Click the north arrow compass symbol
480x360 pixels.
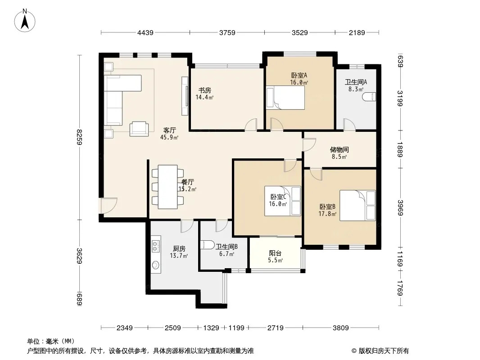point(25,21)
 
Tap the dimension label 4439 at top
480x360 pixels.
point(145,32)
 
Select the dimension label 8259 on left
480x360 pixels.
point(80,137)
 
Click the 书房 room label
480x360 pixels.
point(205,90)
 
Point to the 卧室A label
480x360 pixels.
point(299,75)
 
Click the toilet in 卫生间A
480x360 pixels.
point(369,97)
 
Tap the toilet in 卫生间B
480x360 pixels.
point(207,245)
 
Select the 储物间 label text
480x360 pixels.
point(340,149)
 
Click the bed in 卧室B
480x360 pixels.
point(358,205)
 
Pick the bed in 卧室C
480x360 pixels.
point(282,201)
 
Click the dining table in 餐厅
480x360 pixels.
point(168,187)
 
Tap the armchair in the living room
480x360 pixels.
point(139,129)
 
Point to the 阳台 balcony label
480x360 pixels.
point(275,253)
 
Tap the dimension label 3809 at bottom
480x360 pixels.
point(341,328)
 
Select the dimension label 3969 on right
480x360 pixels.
point(400,207)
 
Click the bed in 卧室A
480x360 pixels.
point(285,98)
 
